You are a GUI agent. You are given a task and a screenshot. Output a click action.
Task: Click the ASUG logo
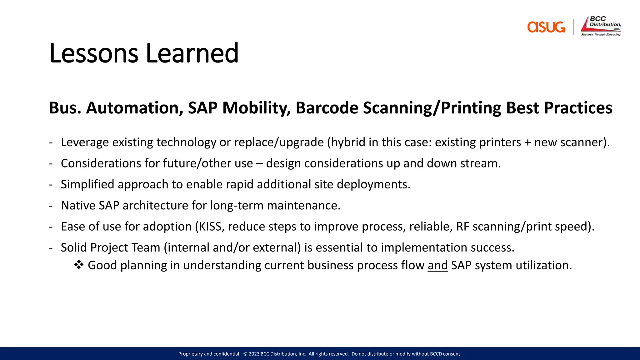coord(546,27)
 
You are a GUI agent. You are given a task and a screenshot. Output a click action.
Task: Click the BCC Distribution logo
coord(601,26)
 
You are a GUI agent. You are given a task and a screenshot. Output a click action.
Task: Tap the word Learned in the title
coord(192,53)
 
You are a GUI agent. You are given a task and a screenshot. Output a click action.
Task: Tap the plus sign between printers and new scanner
coord(528,143)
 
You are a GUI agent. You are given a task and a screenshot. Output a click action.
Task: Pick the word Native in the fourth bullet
coord(78,206)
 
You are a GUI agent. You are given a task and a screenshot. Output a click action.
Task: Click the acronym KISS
coord(212,227)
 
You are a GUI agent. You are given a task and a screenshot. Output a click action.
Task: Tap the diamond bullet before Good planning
coord(79,265)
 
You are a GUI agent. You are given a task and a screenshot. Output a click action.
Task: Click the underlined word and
coord(437,265)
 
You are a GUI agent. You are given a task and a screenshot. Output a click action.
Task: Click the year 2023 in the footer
coord(254,354)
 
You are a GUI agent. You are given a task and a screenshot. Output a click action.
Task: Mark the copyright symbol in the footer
coord(245,354)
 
